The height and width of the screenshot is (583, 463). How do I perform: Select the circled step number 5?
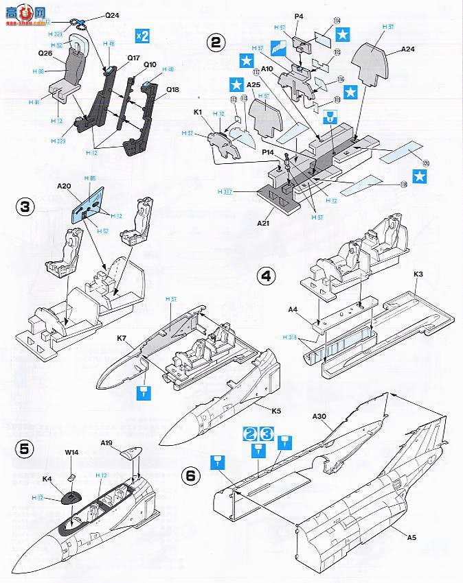pos(24,449)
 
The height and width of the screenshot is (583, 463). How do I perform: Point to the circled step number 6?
pos(192,475)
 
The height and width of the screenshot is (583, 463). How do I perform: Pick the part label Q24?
pos(93,14)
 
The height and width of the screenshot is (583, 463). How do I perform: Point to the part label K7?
pos(122,337)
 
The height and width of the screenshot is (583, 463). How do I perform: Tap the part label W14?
pos(72,453)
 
